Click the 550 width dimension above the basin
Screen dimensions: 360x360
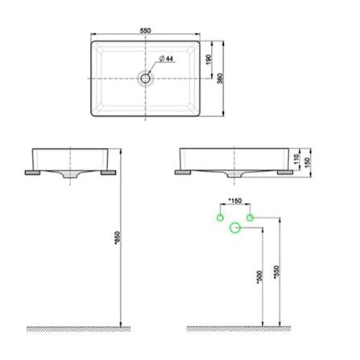point(145,31)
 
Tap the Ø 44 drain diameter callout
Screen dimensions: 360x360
point(167,59)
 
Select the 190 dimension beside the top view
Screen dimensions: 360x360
point(209,60)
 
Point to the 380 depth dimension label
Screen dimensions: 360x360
point(220,78)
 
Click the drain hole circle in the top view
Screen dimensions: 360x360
point(145,78)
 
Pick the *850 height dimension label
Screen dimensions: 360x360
point(118,238)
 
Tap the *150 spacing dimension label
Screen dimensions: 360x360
point(235,201)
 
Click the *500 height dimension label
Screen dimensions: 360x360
point(259,277)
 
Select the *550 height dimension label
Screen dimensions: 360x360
point(276,272)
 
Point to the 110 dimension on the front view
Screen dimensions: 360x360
point(296,159)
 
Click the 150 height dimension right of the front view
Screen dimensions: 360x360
point(308,162)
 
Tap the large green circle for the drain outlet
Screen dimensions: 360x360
point(235,228)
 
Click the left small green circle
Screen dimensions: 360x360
point(220,217)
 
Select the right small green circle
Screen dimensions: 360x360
point(250,217)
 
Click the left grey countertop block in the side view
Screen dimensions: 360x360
point(32,172)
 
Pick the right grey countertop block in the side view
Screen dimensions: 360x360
point(109,172)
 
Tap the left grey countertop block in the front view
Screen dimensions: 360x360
point(183,172)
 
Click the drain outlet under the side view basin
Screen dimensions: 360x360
point(70,176)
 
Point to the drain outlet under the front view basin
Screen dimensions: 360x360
point(235,175)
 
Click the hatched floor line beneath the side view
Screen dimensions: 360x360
point(79,329)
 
